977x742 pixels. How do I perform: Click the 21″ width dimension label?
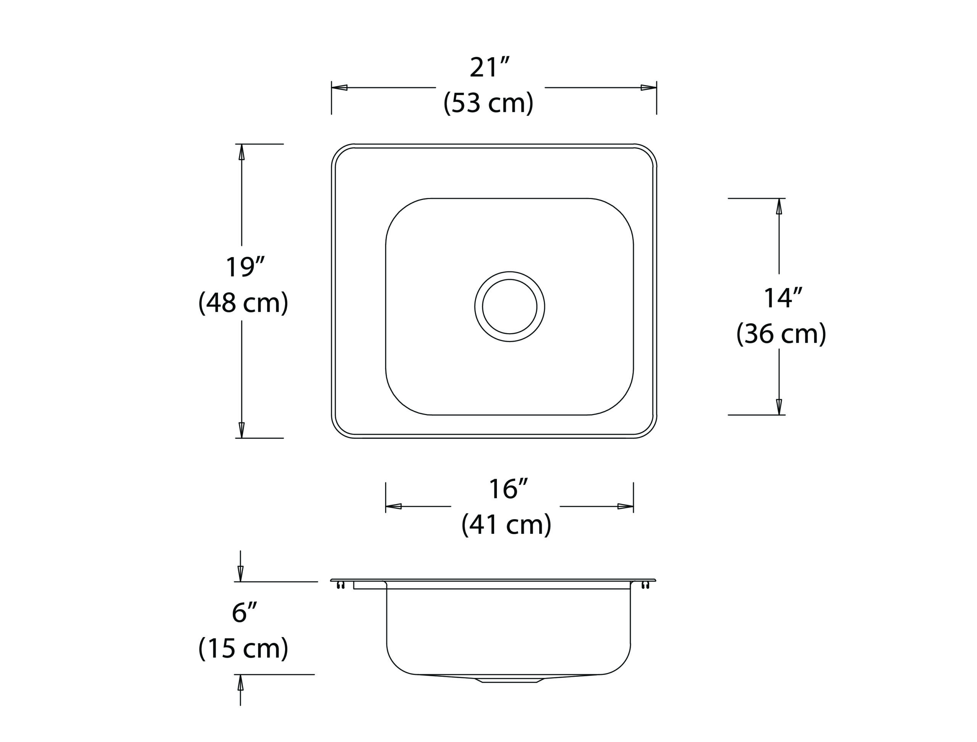490,68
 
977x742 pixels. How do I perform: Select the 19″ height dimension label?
245,267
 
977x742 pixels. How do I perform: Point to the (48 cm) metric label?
243,303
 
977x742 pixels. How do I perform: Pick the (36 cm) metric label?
781,334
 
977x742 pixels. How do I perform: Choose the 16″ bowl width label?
509,489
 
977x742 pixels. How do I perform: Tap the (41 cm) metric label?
506,525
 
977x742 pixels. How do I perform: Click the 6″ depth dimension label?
244,613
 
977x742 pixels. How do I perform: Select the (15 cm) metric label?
243,649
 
